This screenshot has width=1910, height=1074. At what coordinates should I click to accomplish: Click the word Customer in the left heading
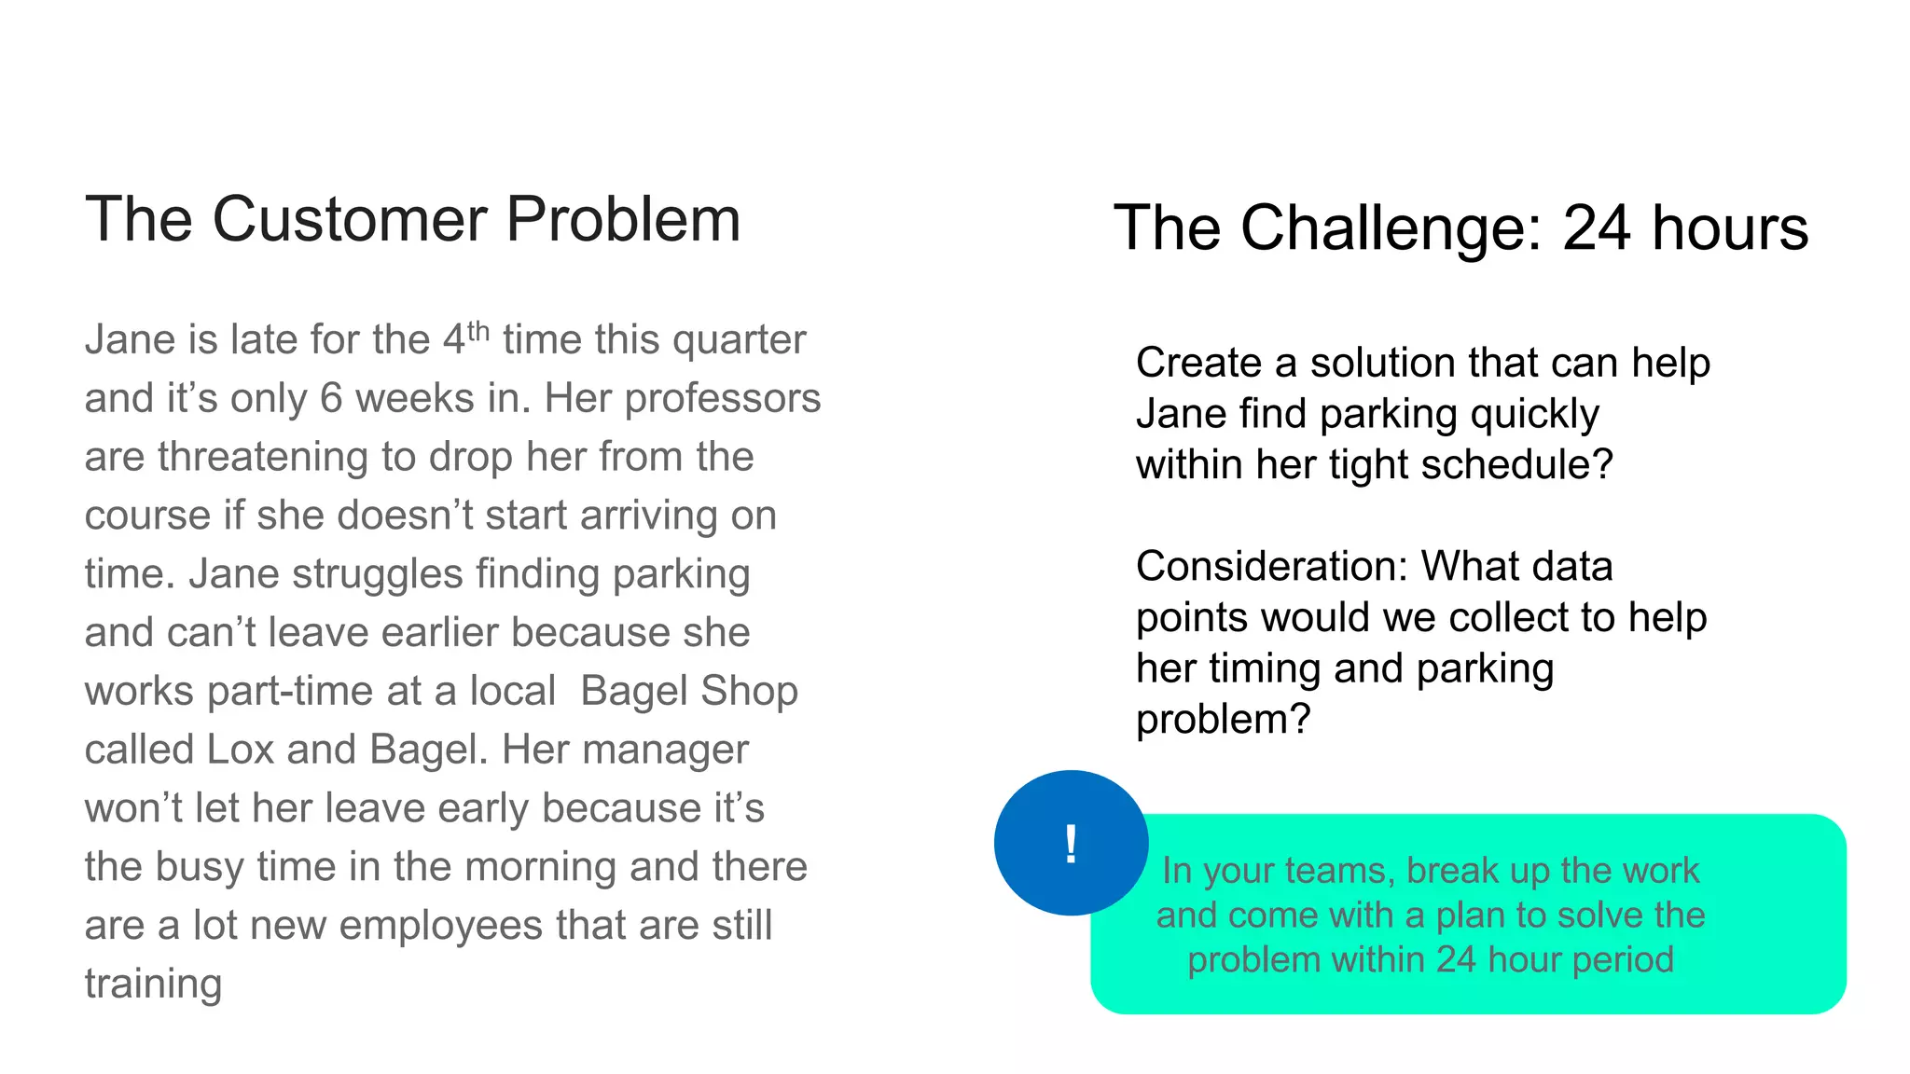tap(350, 220)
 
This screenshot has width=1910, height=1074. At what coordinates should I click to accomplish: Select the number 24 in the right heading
tap(1596, 227)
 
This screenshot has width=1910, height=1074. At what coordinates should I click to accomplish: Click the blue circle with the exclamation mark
tap(1071, 843)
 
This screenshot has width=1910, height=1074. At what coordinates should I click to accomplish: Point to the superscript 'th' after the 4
tap(478, 330)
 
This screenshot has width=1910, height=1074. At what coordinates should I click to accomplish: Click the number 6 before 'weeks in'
tap(332, 399)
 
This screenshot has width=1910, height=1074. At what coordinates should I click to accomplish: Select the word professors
tap(722, 399)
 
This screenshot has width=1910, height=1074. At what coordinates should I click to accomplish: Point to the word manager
tap(625, 750)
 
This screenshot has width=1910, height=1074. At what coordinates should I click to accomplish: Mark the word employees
tap(442, 926)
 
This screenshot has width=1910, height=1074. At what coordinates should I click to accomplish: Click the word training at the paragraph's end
tap(153, 984)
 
